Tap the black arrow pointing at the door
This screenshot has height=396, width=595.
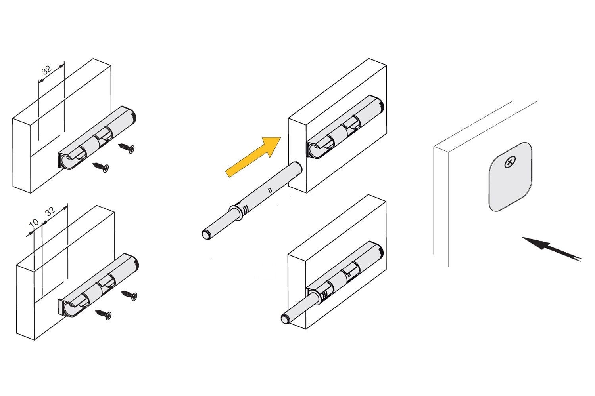[x=551, y=249]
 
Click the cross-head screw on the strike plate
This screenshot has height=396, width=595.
[x=510, y=162]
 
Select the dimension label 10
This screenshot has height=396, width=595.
[x=34, y=223]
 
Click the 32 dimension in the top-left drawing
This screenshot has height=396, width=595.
[x=47, y=70]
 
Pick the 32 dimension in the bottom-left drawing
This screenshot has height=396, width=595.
[x=50, y=211]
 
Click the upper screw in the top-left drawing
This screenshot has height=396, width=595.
[x=127, y=148]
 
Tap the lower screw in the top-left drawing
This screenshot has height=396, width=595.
[x=100, y=168]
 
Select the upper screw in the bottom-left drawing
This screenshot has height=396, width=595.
[x=129, y=295]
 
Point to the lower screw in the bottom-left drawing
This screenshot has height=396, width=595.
[x=103, y=315]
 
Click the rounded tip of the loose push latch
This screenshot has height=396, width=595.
[x=206, y=235]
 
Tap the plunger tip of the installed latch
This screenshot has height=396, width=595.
[x=285, y=319]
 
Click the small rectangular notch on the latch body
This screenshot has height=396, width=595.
[x=270, y=190]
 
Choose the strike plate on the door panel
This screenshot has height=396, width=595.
[x=510, y=177]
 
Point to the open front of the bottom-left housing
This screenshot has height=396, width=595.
[x=65, y=308]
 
